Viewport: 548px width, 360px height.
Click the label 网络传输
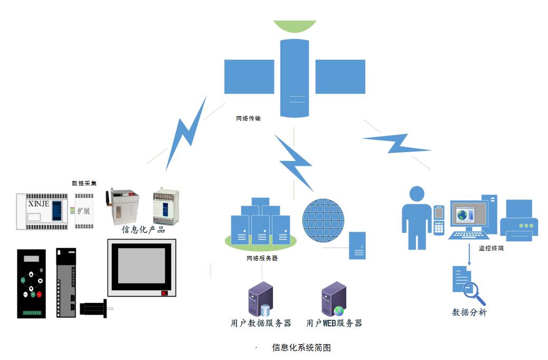coord(248,119)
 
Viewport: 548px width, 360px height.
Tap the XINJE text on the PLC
coord(37,203)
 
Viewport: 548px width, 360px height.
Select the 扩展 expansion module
coord(83,211)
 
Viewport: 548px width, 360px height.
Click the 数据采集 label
coord(84,183)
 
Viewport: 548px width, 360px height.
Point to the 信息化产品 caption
coord(143,230)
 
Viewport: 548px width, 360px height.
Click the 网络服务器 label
coord(262,259)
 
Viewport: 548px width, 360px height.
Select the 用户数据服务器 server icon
coord(261,299)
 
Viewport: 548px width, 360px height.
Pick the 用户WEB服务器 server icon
coord(334,299)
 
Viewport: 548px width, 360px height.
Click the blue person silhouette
coord(417,217)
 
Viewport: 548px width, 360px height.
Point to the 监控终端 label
coord(490,248)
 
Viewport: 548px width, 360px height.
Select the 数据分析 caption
coord(469,312)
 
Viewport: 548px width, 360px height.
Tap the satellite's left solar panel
coord(249,77)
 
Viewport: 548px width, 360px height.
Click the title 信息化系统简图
coord(301,347)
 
